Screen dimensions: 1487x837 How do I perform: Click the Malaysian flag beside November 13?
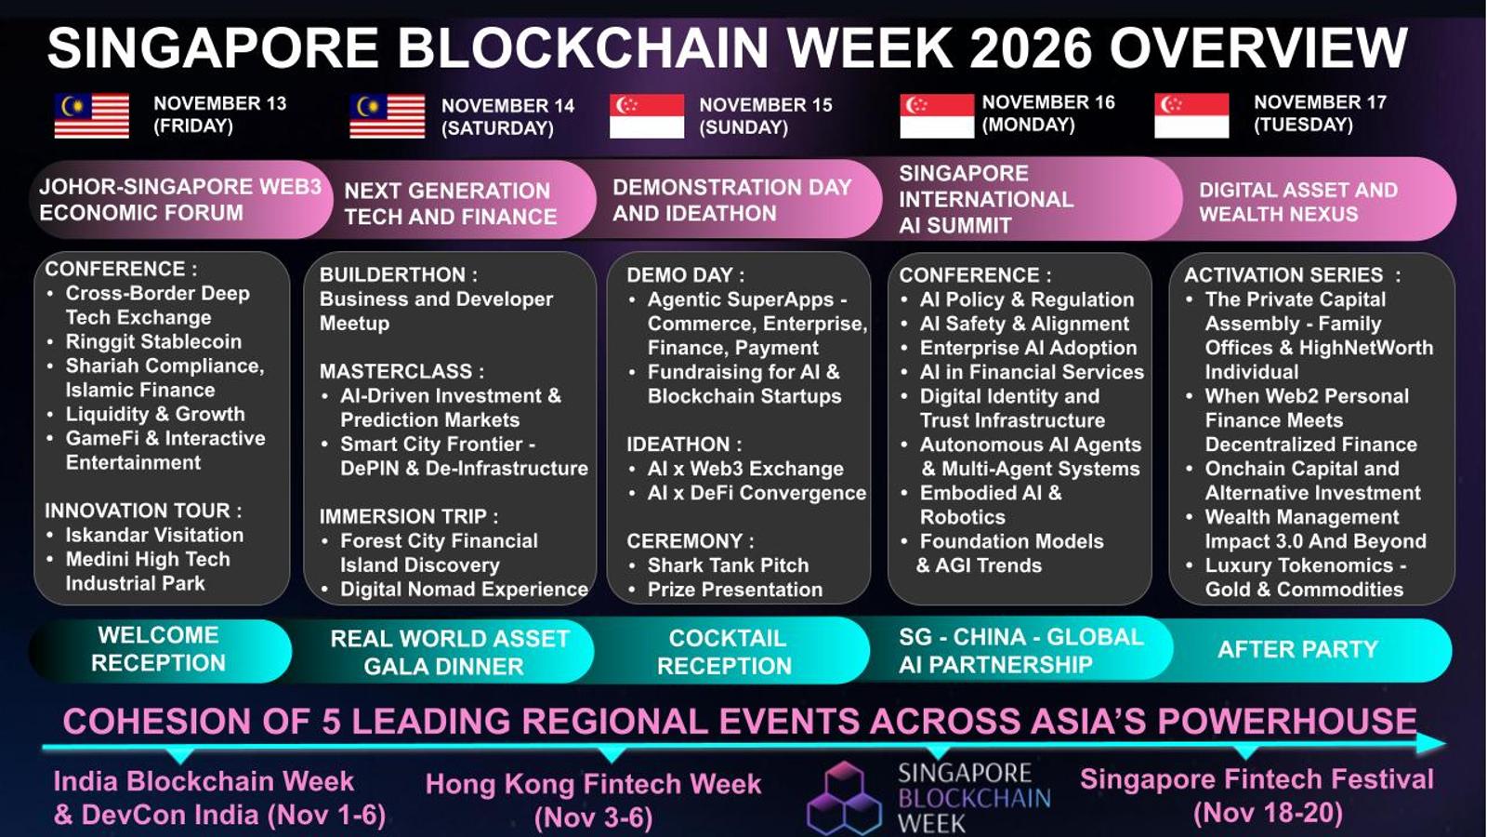92,115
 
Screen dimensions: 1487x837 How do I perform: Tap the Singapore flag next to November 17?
1191,115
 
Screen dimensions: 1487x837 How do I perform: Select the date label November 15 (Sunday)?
766,115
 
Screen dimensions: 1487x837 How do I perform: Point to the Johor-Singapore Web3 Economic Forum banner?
180,199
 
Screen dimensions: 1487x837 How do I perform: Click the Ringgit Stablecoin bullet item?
153,341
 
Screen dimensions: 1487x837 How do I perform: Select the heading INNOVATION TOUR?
143,511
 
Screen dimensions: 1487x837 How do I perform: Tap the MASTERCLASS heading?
401,371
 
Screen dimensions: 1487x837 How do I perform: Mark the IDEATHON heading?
684,444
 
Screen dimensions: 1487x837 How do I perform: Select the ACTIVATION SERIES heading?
1293,274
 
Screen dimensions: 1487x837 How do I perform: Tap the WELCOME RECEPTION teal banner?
159,649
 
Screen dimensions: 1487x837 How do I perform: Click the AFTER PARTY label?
1297,649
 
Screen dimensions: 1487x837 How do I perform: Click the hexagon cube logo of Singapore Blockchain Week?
845,799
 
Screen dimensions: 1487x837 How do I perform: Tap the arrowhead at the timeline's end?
1431,743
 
